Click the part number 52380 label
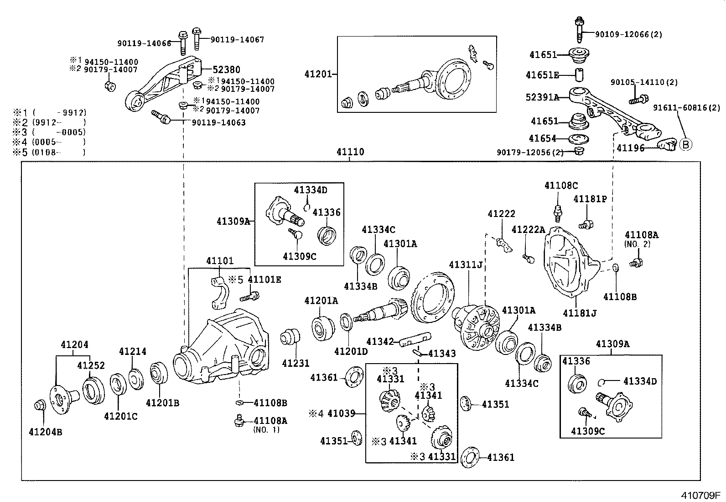click(x=227, y=70)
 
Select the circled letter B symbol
click(x=685, y=145)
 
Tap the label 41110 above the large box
click(x=350, y=152)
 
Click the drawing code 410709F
click(x=700, y=495)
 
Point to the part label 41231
click(x=296, y=364)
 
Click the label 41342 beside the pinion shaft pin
click(x=380, y=341)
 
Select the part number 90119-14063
click(x=218, y=122)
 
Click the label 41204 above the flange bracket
click(x=75, y=345)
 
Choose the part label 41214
click(x=133, y=351)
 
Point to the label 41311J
click(x=466, y=265)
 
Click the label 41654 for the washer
click(x=543, y=138)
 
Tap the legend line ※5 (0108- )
click(x=49, y=153)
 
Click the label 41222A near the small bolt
click(x=528, y=229)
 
